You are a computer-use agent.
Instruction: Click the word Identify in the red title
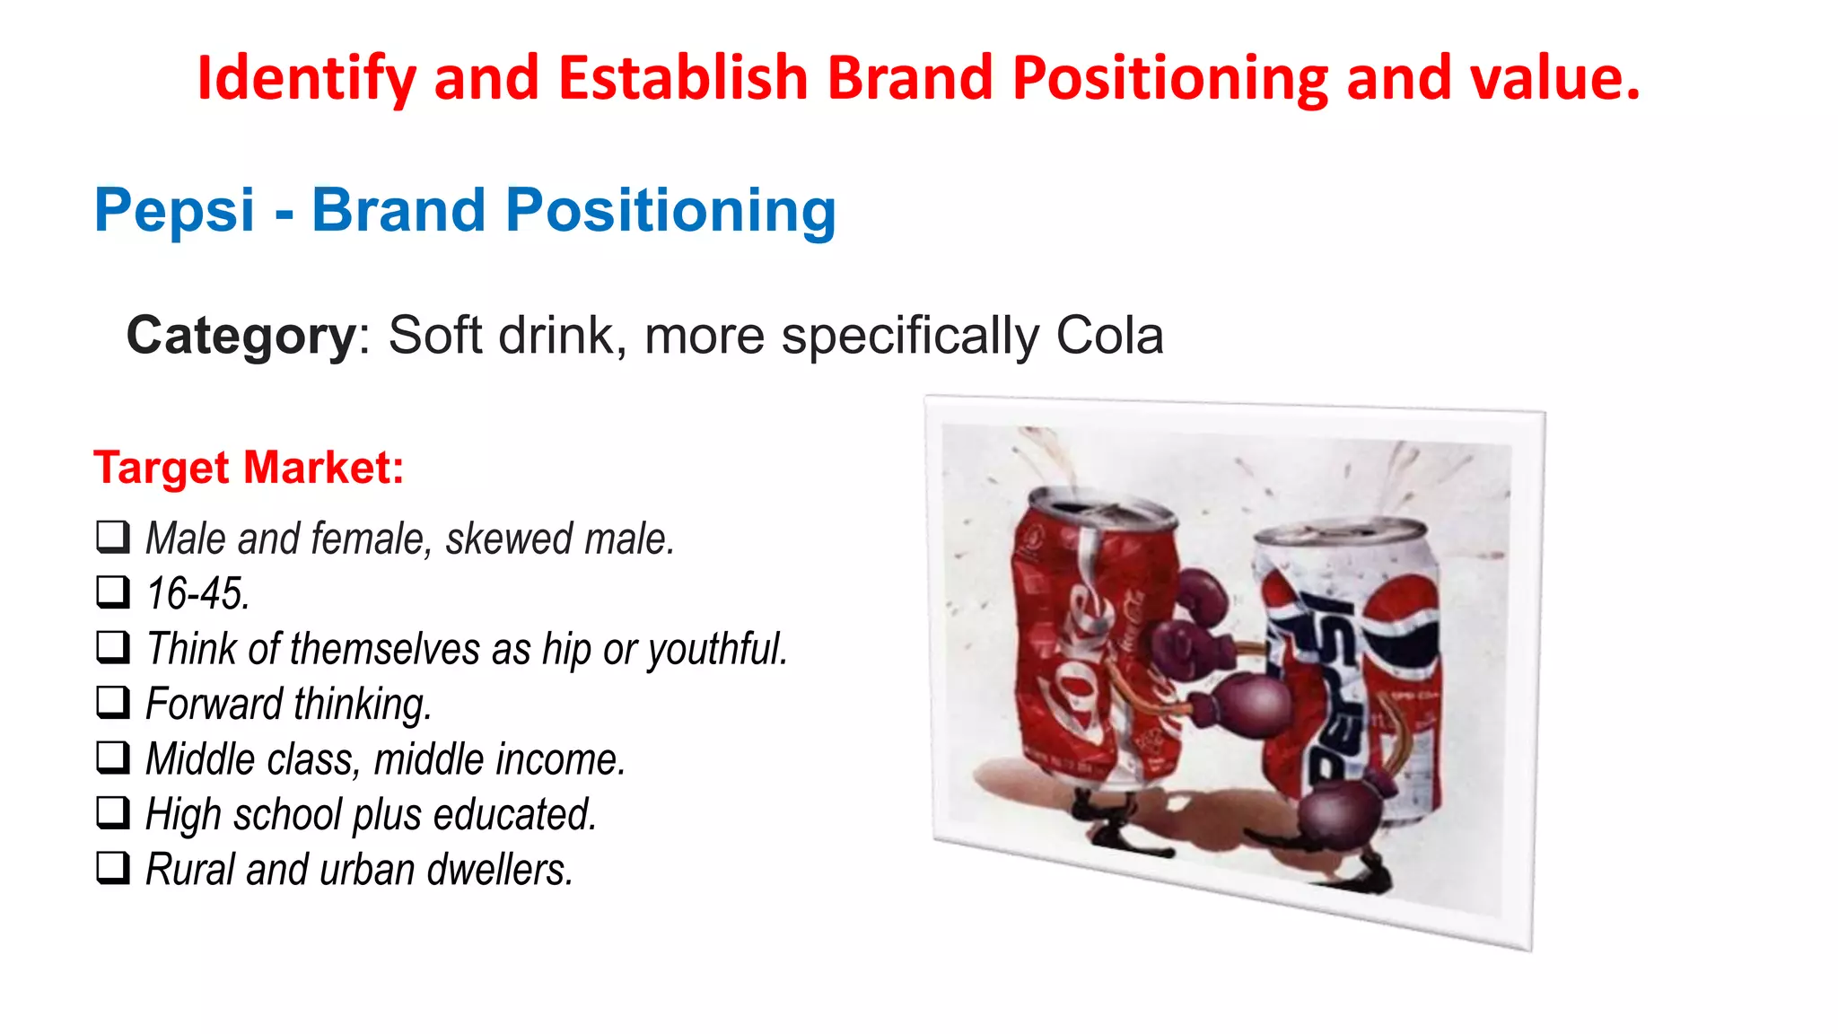[x=306, y=78]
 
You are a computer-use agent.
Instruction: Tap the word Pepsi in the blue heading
[x=175, y=211]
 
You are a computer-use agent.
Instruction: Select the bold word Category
[x=241, y=336]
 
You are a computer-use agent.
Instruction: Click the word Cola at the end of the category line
[x=1109, y=336]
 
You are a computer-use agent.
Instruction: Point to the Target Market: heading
[x=249, y=468]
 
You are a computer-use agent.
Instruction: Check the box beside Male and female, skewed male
[x=113, y=538]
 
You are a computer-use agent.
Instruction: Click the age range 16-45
[x=197, y=594]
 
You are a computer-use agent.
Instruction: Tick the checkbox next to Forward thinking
[x=113, y=703]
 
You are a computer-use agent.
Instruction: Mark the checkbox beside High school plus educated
[x=113, y=813]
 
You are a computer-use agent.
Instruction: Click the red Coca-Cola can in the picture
[x=1086, y=646]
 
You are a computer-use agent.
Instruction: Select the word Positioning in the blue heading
[x=670, y=211]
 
